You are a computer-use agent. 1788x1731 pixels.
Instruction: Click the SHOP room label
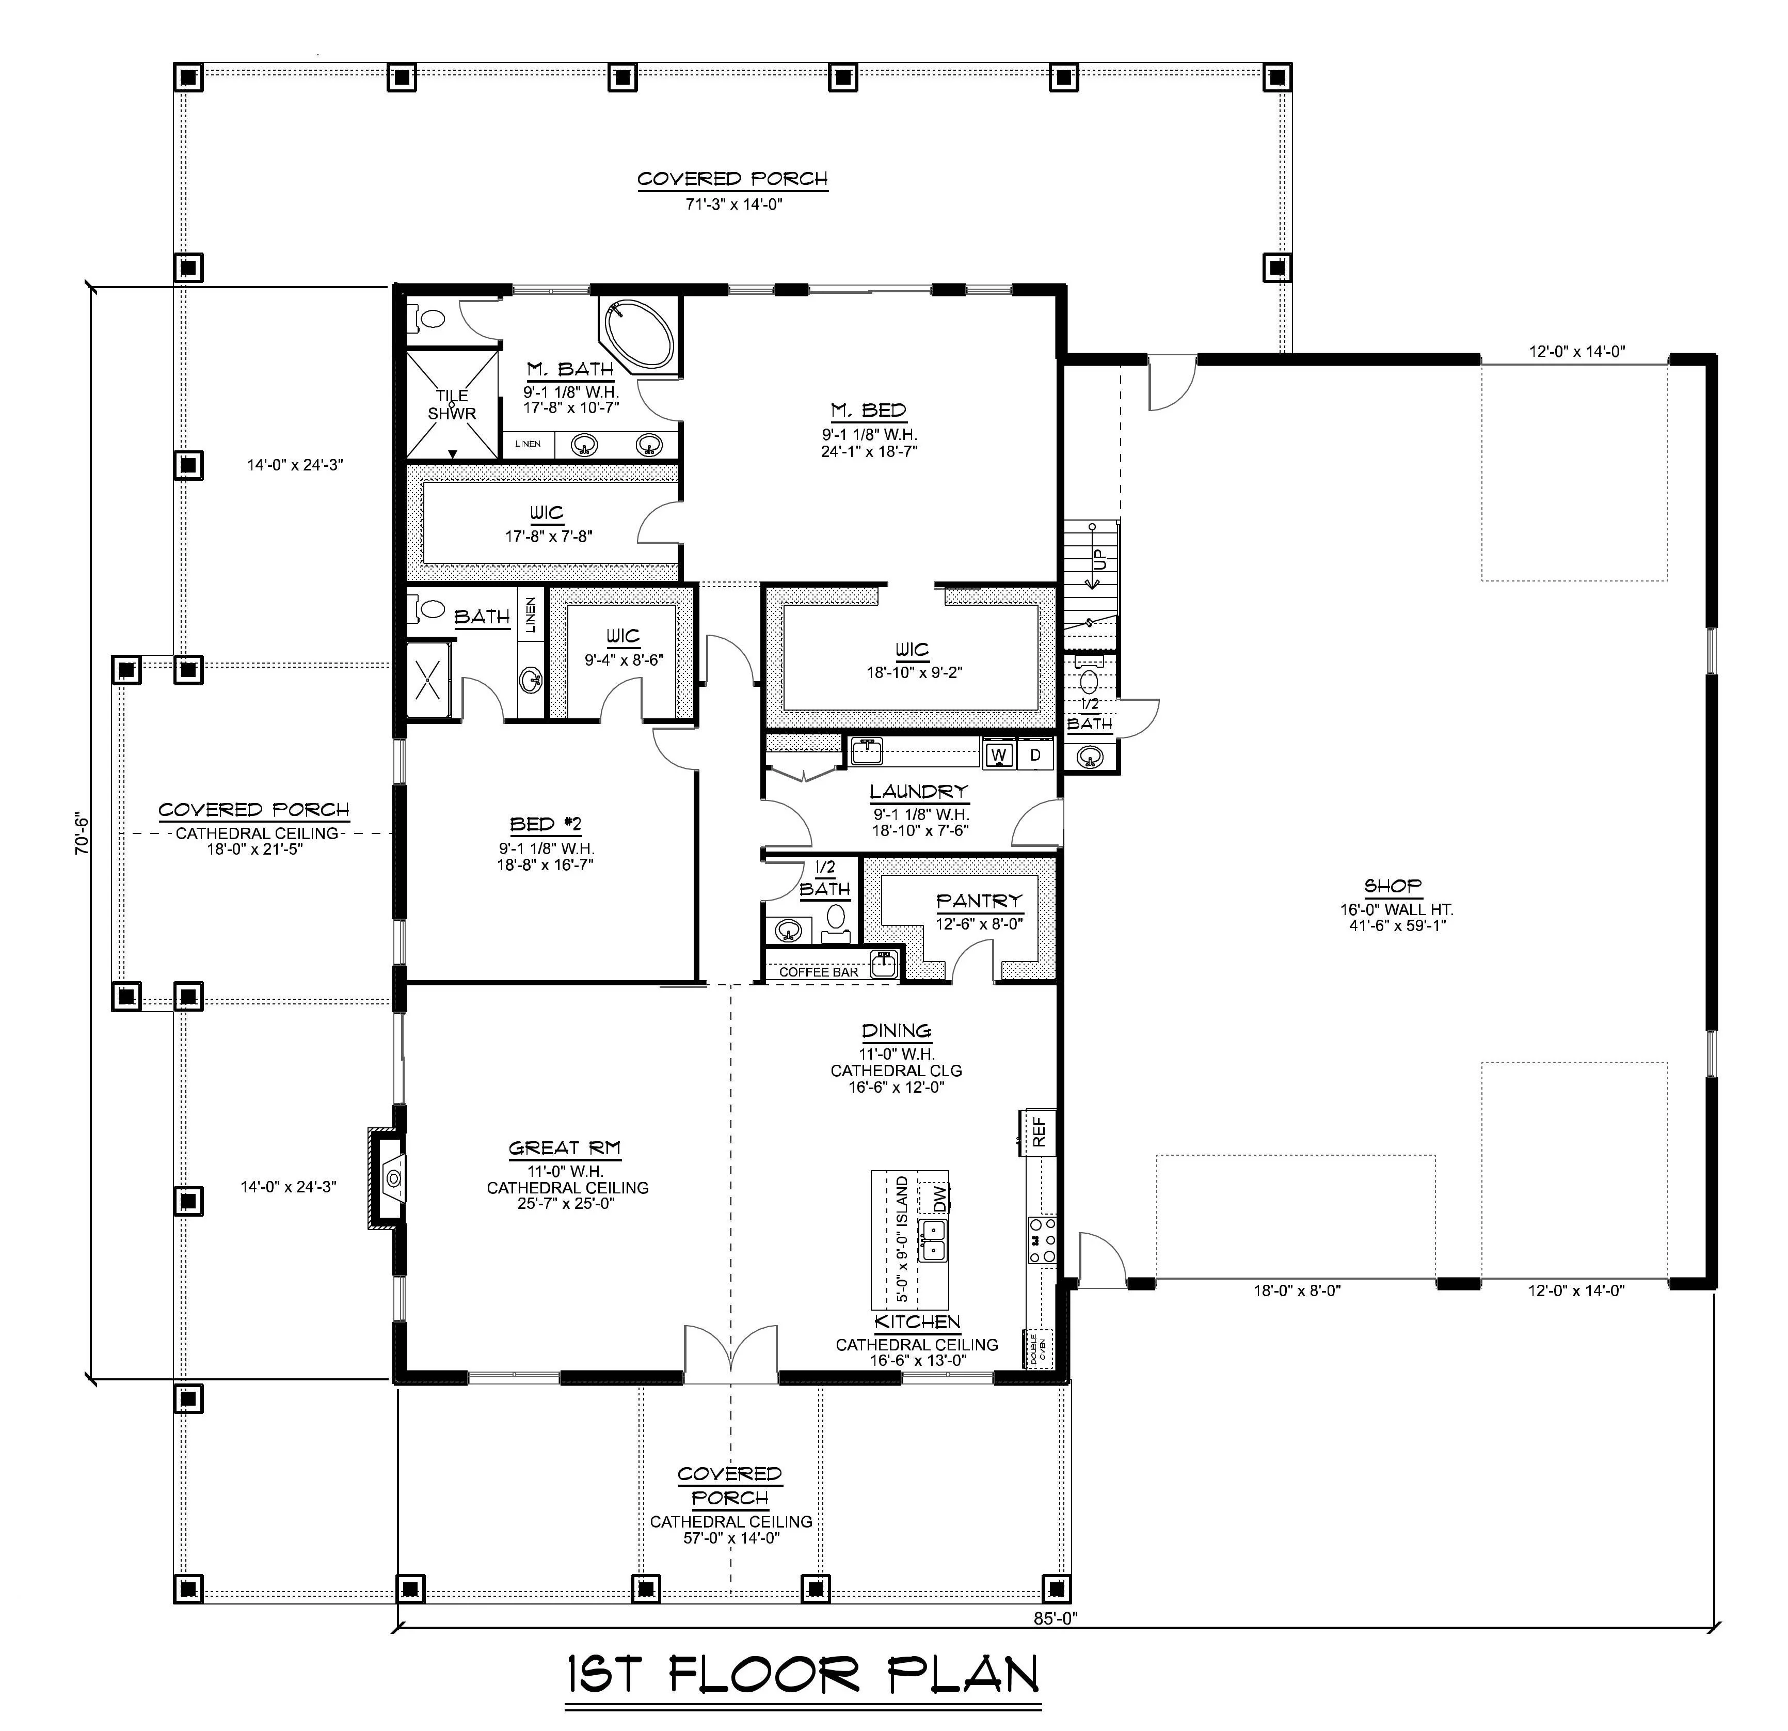1393,885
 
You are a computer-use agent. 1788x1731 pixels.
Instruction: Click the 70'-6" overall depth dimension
81,832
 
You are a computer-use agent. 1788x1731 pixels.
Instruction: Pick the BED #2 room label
546,824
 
